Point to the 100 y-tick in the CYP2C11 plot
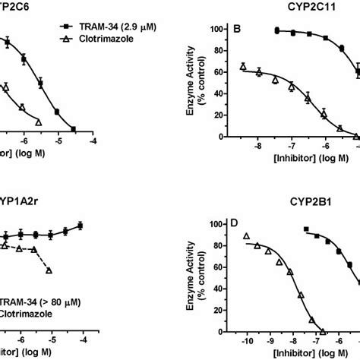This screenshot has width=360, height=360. click(x=221, y=29)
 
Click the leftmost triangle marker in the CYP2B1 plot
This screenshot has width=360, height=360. click(x=246, y=237)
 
